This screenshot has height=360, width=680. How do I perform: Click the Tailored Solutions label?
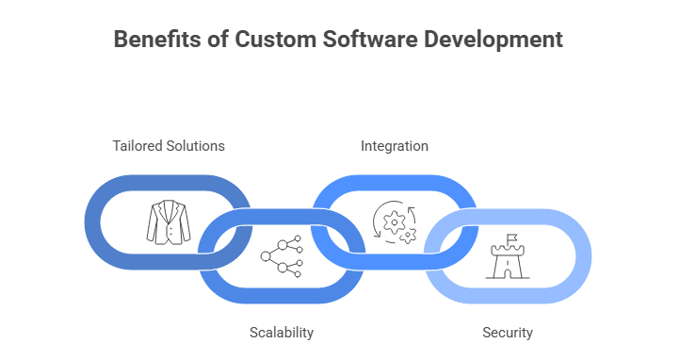pos(169,146)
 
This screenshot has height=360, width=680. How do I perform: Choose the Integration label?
pos(395,146)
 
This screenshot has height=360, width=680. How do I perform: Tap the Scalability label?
pos(282,333)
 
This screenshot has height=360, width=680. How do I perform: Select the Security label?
pos(508,333)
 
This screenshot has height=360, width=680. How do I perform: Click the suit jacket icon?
pos(168,222)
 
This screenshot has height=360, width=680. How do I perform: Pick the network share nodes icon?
pos(281,254)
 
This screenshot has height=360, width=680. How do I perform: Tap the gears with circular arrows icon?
pos(395,223)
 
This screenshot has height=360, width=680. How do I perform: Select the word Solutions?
pos(197,146)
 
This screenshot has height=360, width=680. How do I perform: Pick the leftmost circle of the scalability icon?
pos(266,254)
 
